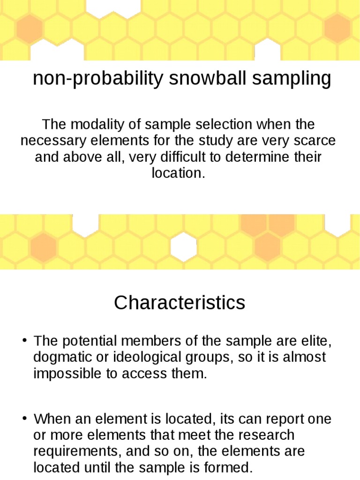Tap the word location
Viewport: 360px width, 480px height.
[178, 172]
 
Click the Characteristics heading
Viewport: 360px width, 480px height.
[180, 303]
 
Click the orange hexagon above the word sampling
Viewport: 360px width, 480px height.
[337, 27]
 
